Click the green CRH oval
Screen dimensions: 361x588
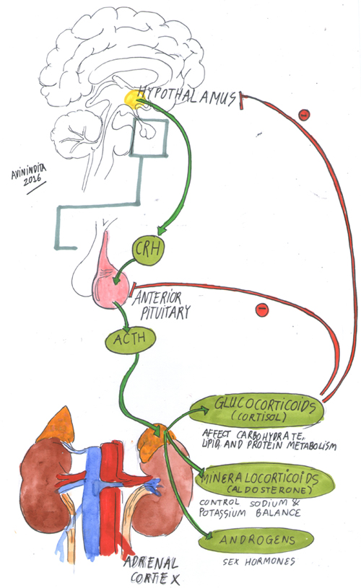point(149,250)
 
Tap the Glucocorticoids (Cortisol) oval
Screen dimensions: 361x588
point(257,410)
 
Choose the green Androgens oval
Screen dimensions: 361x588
point(256,541)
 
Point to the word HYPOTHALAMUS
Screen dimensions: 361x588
point(187,95)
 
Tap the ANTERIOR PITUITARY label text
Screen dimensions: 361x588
point(162,304)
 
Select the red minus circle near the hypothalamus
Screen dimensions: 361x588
point(304,115)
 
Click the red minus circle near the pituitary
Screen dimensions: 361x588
point(262,310)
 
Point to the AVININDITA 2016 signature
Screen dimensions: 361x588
point(30,177)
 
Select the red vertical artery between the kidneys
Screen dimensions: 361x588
point(111,499)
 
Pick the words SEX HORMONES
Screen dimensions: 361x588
point(258,562)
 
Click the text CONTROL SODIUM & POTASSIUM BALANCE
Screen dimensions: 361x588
point(250,508)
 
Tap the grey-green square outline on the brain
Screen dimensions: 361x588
point(149,137)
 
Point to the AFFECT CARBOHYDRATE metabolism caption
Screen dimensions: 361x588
point(269,440)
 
